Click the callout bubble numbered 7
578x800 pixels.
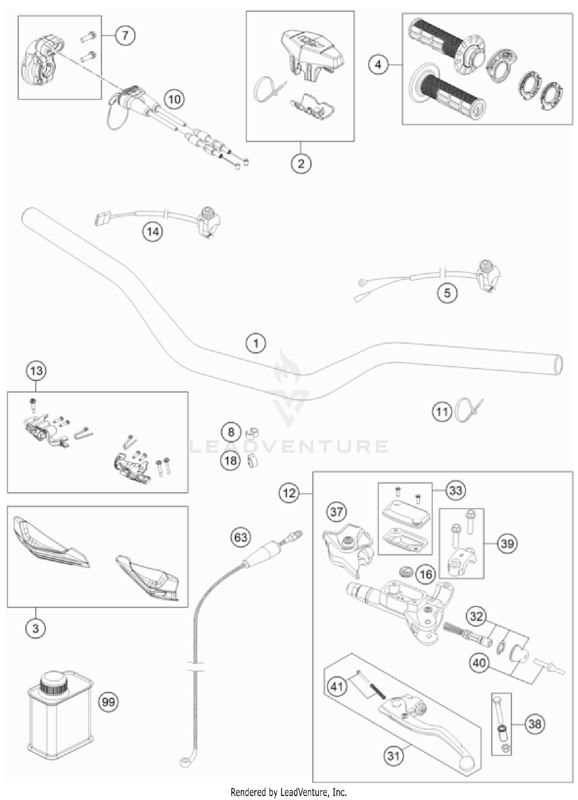[125, 36]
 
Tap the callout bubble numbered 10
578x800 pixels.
[174, 99]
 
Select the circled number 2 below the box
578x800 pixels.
[301, 164]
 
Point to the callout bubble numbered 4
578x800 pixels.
[378, 65]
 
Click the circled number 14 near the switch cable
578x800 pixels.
[153, 232]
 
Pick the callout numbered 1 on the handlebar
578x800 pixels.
[256, 343]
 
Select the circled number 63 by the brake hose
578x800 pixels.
[240, 537]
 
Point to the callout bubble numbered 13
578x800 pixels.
[36, 371]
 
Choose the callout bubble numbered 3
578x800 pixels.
[35, 629]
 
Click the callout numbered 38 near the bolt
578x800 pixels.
[535, 724]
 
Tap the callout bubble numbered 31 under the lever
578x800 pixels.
[393, 756]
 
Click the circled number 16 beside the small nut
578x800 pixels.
[425, 575]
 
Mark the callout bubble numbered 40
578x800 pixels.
[479, 663]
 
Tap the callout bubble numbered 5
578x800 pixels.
[447, 293]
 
